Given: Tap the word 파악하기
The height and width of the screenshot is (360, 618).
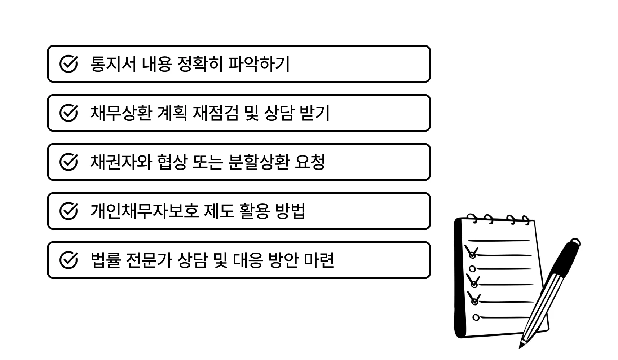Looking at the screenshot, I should point(259,64).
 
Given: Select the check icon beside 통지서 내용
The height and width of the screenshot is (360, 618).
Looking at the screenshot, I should point(69,64).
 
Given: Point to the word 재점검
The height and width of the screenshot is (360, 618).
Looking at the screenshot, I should point(216,113).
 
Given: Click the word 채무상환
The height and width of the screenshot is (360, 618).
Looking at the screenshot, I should point(121,113).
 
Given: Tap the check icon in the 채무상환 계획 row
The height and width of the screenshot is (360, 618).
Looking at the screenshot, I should point(69,113).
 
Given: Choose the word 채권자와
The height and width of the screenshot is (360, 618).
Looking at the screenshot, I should point(121,162).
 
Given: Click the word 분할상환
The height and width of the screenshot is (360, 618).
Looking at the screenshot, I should point(259,162).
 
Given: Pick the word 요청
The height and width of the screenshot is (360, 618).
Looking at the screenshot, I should point(310,162).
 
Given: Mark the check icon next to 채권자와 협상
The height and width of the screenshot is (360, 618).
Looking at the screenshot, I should point(69,162).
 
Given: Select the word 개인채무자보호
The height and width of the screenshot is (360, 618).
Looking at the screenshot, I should point(144,211).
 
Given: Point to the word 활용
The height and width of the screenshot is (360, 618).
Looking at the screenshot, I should point(254,211).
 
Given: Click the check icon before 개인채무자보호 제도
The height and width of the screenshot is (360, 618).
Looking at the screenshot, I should point(69,211).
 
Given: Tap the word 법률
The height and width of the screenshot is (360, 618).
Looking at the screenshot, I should point(105,260).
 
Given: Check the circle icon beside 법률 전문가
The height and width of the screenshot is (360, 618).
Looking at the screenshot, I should point(69,260).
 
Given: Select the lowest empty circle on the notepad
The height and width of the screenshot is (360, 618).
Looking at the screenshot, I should point(476,318).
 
